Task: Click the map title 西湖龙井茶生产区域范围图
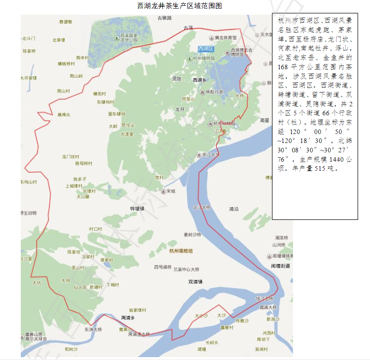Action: click(x=180, y=6)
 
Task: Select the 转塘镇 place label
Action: click(x=137, y=209)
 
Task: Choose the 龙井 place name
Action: click(x=180, y=109)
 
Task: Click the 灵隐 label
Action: click(x=177, y=79)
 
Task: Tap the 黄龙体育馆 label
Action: click(x=225, y=37)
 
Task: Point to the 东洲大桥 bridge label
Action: click(x=93, y=329)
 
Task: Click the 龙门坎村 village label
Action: click(x=70, y=156)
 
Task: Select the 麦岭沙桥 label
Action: click(x=193, y=235)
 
